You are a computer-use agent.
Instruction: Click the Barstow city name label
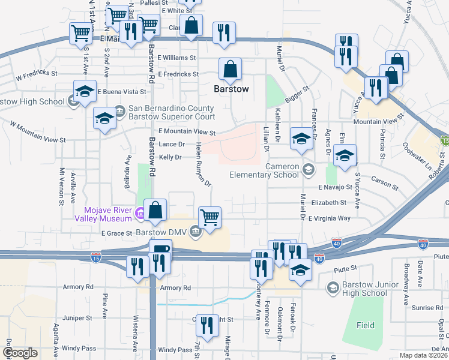[231, 89]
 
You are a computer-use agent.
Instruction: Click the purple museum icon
[139, 212]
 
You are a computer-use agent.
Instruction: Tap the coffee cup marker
[160, 250]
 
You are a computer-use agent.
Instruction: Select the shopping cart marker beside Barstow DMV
[209, 217]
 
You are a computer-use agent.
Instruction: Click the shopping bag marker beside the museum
[155, 210]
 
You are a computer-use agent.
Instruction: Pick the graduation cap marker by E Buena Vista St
[85, 91]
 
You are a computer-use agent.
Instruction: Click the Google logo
[20, 353]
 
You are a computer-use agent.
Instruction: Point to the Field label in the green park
[365, 326]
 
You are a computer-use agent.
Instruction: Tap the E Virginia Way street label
[329, 218]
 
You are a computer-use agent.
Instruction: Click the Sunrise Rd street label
[427, 308]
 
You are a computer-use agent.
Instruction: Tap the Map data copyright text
[423, 355]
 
